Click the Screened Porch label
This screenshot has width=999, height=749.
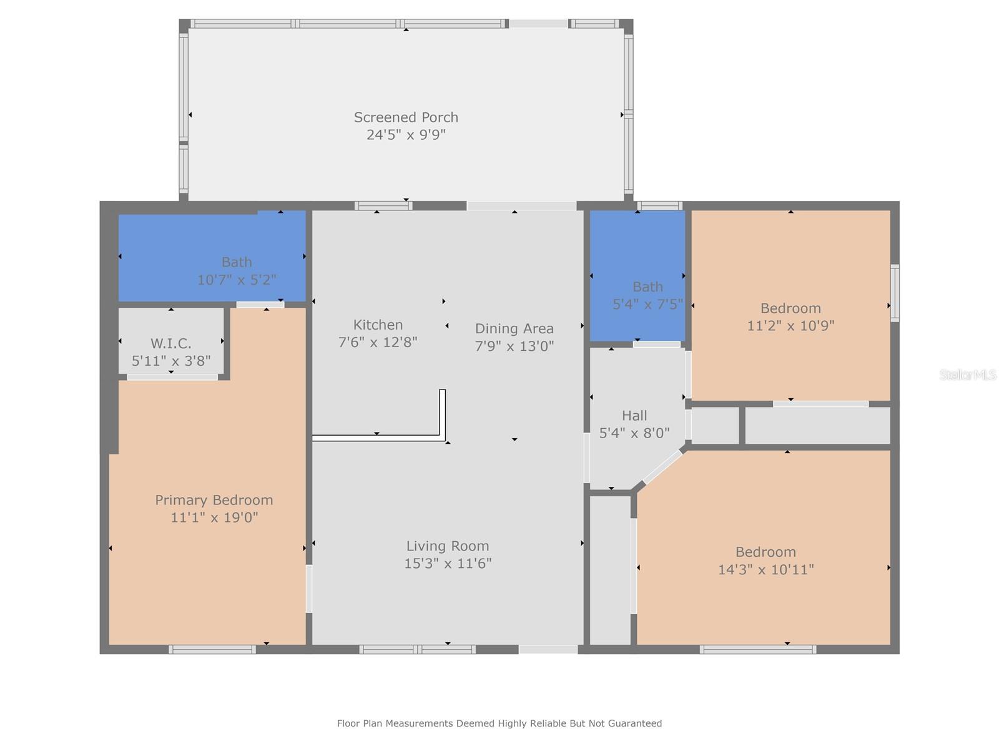pyautogui.click(x=406, y=117)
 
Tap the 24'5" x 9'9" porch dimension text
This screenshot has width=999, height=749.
pyautogui.click(x=406, y=135)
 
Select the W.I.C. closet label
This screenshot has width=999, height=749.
pyautogui.click(x=170, y=343)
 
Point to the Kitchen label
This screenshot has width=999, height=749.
pyautogui.click(x=378, y=325)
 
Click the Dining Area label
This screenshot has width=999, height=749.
pyautogui.click(x=514, y=328)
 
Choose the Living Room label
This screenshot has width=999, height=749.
pyautogui.click(x=447, y=546)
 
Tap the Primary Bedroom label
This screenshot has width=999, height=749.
pyautogui.click(x=214, y=500)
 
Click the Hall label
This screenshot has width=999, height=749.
pyautogui.click(x=634, y=416)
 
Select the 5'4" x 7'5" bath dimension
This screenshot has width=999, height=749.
pyautogui.click(x=647, y=305)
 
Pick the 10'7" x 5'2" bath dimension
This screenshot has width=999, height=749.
pyautogui.click(x=237, y=280)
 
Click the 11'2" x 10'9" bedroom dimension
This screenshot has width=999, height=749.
pyautogui.click(x=790, y=326)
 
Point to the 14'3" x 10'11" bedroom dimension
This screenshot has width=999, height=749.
pyautogui.click(x=765, y=569)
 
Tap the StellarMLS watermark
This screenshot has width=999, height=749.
pyautogui.click(x=967, y=374)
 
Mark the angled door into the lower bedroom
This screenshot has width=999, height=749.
pyautogui.click(x=662, y=468)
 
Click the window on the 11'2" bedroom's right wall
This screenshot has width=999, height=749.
pyautogui.click(x=895, y=293)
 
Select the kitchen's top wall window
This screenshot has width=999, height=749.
pyautogui.click(x=383, y=206)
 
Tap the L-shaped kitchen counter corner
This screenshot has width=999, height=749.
pyautogui.click(x=442, y=436)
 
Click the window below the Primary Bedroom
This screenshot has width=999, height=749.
pyautogui.click(x=212, y=650)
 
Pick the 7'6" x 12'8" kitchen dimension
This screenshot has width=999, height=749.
pyautogui.click(x=378, y=342)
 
